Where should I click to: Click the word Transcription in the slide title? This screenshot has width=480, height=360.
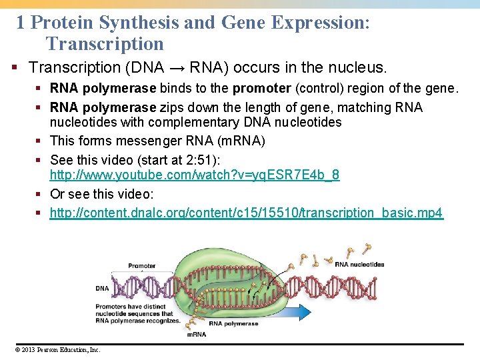(105, 44)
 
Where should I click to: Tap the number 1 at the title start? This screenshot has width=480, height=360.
(21, 23)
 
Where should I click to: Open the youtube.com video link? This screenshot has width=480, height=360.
(195, 175)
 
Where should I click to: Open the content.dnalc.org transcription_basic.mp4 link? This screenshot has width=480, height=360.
(246, 213)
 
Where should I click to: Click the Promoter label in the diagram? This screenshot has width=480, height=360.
(141, 266)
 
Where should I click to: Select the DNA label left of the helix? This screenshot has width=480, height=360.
(101, 289)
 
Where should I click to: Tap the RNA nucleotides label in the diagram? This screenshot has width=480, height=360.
(359, 264)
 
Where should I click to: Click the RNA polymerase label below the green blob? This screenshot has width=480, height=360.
(233, 323)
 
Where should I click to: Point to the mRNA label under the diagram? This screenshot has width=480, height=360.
(196, 334)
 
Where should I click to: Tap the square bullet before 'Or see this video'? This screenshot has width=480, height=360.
(41, 194)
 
